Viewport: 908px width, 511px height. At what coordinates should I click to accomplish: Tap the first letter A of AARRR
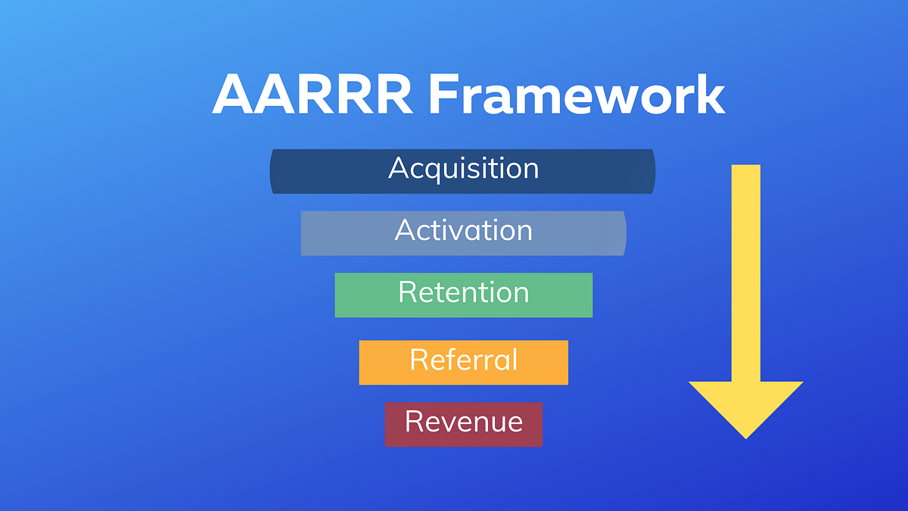(x=234, y=96)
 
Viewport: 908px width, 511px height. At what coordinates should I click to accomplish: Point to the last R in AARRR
(x=393, y=96)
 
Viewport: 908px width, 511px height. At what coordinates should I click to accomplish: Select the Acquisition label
(x=463, y=168)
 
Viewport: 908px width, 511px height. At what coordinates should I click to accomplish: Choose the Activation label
(x=463, y=230)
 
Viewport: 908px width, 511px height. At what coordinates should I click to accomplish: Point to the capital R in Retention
(x=406, y=292)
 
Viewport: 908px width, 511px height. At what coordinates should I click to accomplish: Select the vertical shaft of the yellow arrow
(x=745, y=273)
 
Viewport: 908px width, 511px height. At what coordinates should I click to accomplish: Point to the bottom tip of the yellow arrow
(x=746, y=437)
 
